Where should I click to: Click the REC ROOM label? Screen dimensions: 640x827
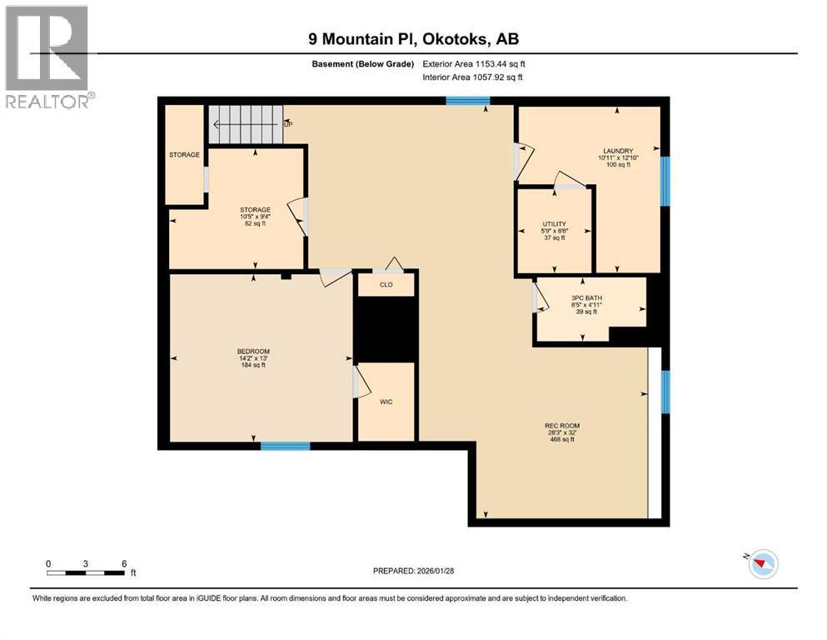[557, 426]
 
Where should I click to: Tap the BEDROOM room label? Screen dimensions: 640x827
[253, 352]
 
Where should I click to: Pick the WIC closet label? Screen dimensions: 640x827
[386, 402]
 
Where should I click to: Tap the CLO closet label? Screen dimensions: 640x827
[386, 285]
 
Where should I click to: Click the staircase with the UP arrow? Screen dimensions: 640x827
[246, 124]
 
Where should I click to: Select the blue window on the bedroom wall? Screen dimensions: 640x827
[285, 447]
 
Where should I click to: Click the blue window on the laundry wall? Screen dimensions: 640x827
[665, 181]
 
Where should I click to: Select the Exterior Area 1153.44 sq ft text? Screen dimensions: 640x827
[474, 64]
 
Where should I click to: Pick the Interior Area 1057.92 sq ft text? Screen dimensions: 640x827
[474, 77]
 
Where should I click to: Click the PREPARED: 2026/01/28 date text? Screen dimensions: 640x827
[414, 571]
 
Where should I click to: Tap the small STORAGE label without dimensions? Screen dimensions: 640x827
[184, 155]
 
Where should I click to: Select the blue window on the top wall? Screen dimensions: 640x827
[467, 101]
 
